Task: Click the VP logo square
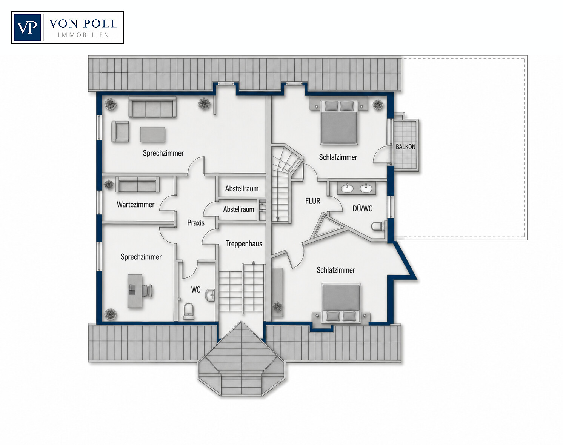coord(27,28)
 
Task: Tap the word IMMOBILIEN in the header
coord(83,35)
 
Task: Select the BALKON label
coord(406,147)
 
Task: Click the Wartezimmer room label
coord(135,205)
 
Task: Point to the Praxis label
coord(196,223)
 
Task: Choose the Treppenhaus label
coord(244,244)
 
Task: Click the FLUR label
coord(313,201)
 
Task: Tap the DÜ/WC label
coord(363,209)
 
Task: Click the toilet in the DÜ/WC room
coord(378,226)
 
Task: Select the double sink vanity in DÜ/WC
coord(356,188)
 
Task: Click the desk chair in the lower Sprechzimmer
coord(148,291)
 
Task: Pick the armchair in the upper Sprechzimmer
coord(120,131)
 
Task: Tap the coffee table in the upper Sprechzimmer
coord(152,134)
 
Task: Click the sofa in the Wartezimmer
coord(137,185)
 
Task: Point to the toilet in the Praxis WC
coord(189,311)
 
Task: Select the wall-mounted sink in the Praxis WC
coord(210,295)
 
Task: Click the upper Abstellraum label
coord(242,189)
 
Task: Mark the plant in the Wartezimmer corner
coord(108,184)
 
